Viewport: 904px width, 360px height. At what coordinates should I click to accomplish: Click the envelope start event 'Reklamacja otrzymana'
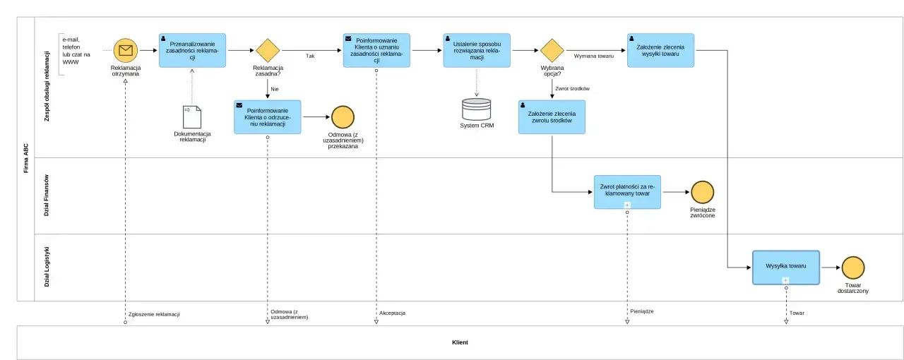click(x=126, y=50)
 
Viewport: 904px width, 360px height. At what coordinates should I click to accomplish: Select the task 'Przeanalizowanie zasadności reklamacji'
click(x=192, y=50)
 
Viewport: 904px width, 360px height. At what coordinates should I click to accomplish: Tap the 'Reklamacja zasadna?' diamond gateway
click(x=268, y=51)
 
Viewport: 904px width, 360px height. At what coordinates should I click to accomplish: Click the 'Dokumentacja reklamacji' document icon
click(x=192, y=117)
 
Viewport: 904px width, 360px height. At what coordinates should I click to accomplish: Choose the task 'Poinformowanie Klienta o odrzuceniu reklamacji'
click(x=267, y=117)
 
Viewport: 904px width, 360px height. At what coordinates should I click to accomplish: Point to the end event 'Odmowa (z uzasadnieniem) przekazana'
click(x=343, y=117)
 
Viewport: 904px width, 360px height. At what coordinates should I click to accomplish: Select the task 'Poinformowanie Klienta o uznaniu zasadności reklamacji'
click(x=376, y=50)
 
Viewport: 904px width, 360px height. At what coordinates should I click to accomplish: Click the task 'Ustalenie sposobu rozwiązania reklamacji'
click(x=477, y=50)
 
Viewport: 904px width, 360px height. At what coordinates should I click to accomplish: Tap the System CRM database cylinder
click(x=477, y=109)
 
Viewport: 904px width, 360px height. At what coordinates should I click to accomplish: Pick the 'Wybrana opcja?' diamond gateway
click(x=552, y=51)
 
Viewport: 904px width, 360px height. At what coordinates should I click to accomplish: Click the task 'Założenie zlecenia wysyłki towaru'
click(x=660, y=50)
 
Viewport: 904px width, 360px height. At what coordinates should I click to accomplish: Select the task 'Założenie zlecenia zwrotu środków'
click(x=552, y=117)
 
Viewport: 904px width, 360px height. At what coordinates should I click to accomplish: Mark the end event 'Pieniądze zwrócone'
click(x=702, y=192)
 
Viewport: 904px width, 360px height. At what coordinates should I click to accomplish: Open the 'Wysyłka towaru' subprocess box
click(x=785, y=268)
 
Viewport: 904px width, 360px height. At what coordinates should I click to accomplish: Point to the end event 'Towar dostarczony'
click(x=852, y=268)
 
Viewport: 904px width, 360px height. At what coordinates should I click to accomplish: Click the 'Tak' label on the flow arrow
click(x=310, y=56)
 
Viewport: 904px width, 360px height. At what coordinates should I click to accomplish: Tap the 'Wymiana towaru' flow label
click(x=593, y=56)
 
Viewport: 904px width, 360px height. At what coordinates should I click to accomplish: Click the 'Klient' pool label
click(x=460, y=342)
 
